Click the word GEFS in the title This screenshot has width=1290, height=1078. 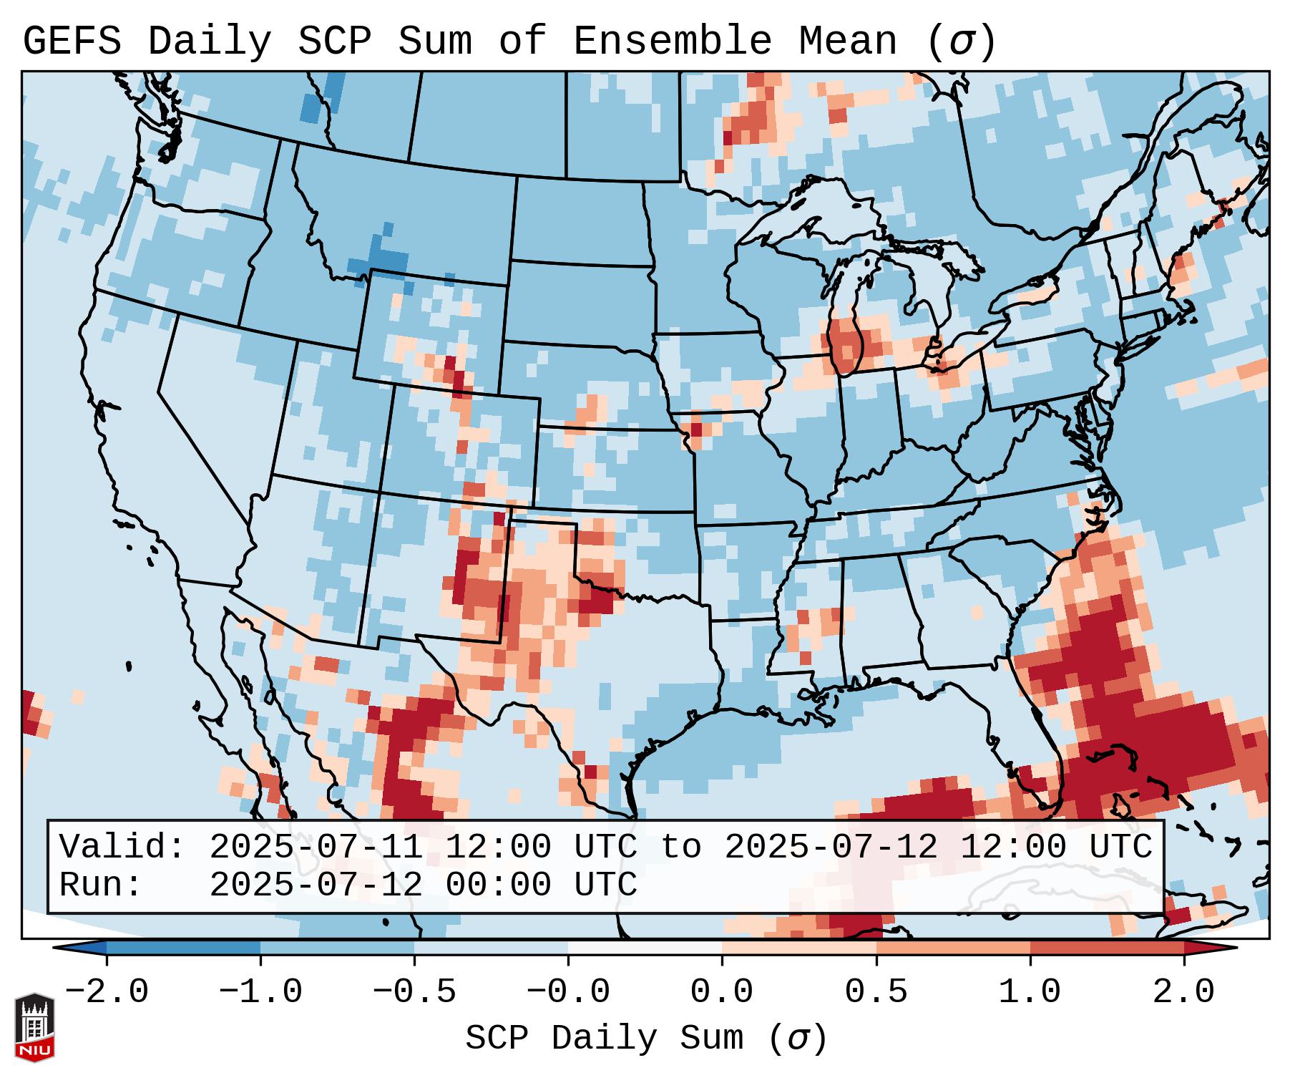click(x=72, y=42)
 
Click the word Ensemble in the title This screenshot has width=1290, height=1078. click(x=672, y=42)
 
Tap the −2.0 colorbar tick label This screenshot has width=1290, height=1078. click(x=107, y=992)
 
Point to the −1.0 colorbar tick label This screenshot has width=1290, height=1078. click(x=260, y=992)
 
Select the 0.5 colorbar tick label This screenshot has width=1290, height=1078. click(x=876, y=992)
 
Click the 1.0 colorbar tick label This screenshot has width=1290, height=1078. click(x=1030, y=992)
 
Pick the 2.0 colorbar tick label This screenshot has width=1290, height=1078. click(x=1184, y=992)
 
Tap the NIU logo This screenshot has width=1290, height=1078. click(x=34, y=1026)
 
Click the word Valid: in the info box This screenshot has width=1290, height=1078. click(x=122, y=848)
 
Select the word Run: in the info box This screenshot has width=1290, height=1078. click(x=101, y=885)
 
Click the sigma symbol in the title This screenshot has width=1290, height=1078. click(x=961, y=42)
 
